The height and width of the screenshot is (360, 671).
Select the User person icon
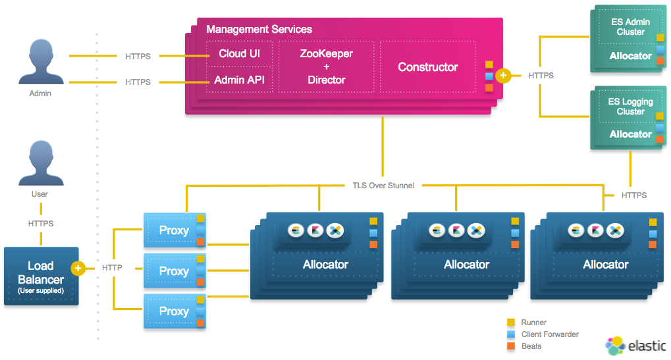click(x=40, y=162)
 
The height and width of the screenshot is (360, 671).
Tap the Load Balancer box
click(x=41, y=276)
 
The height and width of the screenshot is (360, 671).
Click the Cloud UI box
click(x=240, y=53)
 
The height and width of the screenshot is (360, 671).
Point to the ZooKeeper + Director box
click(x=326, y=66)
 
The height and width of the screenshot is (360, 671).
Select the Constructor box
click(x=428, y=67)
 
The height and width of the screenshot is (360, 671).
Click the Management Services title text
click(x=259, y=29)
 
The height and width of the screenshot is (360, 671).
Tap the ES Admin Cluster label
click(x=630, y=27)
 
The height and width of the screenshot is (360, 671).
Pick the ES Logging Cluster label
click(x=630, y=107)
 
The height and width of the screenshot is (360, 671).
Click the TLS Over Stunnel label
click(x=383, y=186)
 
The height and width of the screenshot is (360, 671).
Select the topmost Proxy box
click(x=174, y=230)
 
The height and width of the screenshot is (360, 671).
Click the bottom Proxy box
click(x=174, y=311)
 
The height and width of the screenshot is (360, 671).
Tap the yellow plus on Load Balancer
click(x=78, y=268)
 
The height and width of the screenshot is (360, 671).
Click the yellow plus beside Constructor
click(x=503, y=76)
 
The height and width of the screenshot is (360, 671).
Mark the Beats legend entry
click(x=531, y=346)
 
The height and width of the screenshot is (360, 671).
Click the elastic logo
click(x=635, y=346)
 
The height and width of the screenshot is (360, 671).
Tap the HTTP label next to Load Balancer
click(x=113, y=268)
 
